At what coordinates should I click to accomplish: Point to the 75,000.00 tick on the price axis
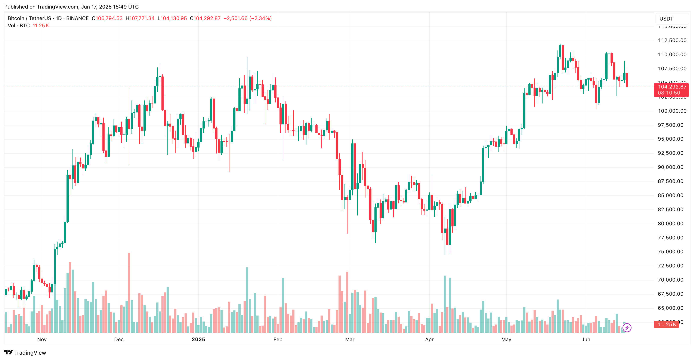tap(670, 252)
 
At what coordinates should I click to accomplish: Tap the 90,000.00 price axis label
tap(670, 167)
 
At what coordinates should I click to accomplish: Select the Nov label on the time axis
tap(42, 339)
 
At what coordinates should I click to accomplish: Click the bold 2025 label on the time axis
tap(198, 339)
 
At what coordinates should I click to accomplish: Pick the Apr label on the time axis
tap(429, 339)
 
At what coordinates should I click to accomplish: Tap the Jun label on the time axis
tap(586, 339)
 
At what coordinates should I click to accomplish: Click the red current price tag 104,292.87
tap(672, 87)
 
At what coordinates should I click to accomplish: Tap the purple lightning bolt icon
tap(627, 328)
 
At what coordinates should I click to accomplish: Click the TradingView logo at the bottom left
tap(25, 353)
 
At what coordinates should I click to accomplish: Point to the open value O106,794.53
tap(107, 18)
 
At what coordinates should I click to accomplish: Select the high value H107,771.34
tap(140, 18)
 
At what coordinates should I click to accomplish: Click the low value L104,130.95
tap(172, 18)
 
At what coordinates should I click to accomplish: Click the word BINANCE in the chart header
tap(77, 18)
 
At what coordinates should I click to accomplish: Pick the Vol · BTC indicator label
tap(19, 26)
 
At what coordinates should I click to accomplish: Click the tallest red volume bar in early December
tap(129, 293)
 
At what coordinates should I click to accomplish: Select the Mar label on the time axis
tap(350, 339)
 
